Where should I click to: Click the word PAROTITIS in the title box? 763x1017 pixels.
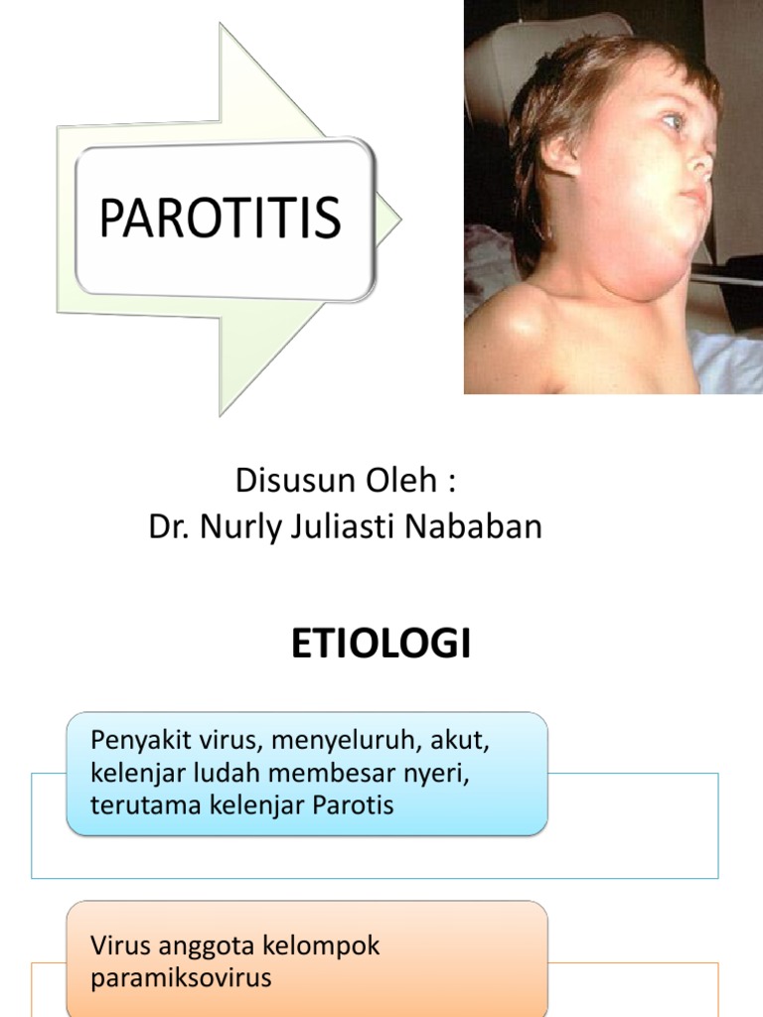tap(220, 218)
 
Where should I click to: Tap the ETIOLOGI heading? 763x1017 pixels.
tap(381, 645)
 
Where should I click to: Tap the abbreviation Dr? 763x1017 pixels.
tap(170, 526)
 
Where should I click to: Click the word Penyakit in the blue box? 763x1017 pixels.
tap(134, 741)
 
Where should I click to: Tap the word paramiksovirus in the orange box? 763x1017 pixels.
tap(180, 978)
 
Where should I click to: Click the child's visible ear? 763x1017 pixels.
tap(562, 155)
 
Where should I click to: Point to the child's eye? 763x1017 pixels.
tap(674, 121)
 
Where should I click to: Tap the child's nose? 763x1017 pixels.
tap(701, 159)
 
